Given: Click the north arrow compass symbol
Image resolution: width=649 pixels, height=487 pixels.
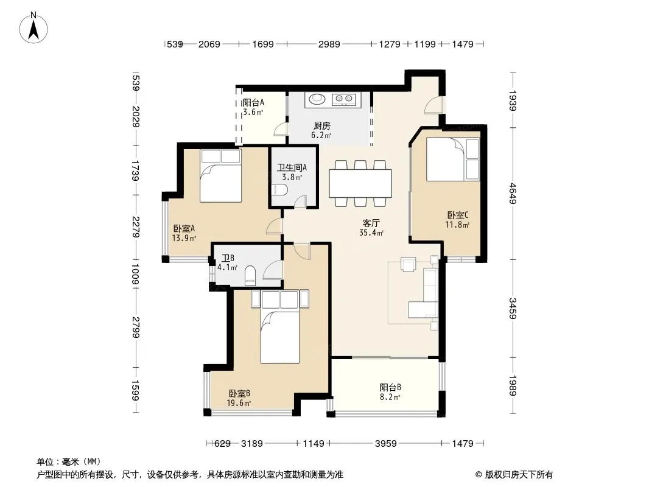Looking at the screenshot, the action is [x=33, y=27].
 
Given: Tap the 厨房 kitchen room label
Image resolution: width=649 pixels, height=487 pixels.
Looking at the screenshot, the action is [x=321, y=126].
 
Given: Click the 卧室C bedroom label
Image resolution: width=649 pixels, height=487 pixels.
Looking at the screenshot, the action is [x=458, y=215].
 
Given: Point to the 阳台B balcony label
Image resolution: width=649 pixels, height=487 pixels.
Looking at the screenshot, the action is [x=390, y=388].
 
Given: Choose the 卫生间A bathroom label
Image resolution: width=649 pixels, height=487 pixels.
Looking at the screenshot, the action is [x=292, y=167].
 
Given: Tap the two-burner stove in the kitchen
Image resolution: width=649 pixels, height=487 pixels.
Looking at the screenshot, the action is [x=344, y=99].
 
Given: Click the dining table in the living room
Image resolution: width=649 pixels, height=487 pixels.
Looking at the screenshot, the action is [x=360, y=183].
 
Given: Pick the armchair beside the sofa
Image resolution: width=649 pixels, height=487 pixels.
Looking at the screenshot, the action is [x=408, y=264].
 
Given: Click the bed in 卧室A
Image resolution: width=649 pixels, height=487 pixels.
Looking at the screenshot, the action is [x=220, y=175].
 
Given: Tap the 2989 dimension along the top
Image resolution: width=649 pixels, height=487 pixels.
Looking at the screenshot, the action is [x=329, y=44].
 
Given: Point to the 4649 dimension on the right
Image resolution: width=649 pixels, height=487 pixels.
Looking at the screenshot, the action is [x=513, y=193].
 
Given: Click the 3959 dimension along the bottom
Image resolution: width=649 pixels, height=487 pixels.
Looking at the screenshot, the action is [x=386, y=444].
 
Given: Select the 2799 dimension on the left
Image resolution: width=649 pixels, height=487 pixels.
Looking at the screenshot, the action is [x=135, y=328].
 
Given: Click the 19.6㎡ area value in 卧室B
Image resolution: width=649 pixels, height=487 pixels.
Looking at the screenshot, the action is [x=239, y=403].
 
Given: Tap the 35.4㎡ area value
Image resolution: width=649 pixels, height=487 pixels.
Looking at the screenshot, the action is [x=371, y=233].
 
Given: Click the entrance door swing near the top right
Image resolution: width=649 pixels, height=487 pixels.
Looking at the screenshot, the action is [x=433, y=105].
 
